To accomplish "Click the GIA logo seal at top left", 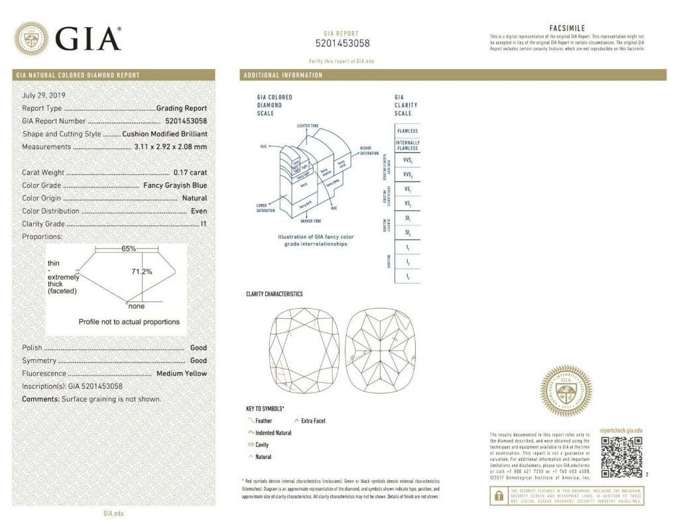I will pyautogui.click(x=31, y=38).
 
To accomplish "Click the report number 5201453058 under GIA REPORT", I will pyautogui.click(x=342, y=44).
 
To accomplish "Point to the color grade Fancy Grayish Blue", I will pyautogui.click(x=175, y=185).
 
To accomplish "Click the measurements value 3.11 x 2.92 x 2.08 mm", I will pyautogui.click(x=170, y=146).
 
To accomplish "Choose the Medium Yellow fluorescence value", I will pyautogui.click(x=181, y=373).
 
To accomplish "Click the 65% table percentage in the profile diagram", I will pyautogui.click(x=129, y=248).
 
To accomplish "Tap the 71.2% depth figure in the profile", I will pyautogui.click(x=141, y=272).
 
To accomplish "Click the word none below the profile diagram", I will pyautogui.click(x=137, y=306).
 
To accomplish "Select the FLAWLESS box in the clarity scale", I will pyautogui.click(x=407, y=131).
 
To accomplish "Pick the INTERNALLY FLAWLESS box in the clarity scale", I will pyautogui.click(x=407, y=146).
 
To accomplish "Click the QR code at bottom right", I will pyautogui.click(x=621, y=456).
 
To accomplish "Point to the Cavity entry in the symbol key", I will pyautogui.click(x=261, y=445).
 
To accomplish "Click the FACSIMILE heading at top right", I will pyautogui.click(x=567, y=28).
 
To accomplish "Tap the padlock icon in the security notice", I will pyautogui.click(x=496, y=495).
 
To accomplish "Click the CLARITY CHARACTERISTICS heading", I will pyautogui.click(x=274, y=293).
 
